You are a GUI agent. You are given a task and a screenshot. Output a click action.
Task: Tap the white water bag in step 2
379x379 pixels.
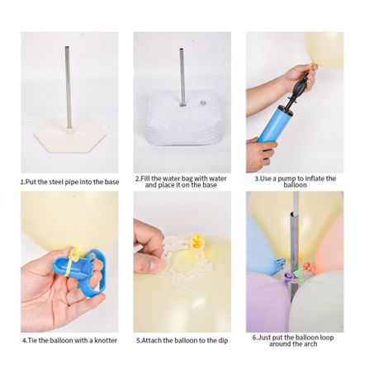coord(182,119)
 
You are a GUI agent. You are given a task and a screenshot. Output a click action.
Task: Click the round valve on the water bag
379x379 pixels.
coord(203,103)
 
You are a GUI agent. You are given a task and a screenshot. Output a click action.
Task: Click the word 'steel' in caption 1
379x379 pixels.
coord(56,182)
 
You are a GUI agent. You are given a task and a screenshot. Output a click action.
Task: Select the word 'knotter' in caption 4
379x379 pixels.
coord(106,340)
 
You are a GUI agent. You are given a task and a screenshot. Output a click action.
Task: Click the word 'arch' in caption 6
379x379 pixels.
coord(310,343)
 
